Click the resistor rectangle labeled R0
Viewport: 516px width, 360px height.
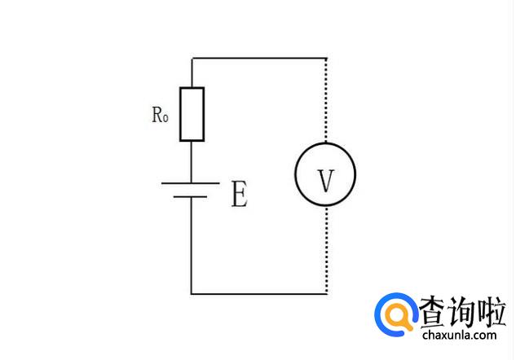192,113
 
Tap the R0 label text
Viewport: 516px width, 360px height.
159,115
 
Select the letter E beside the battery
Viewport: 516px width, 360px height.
239,195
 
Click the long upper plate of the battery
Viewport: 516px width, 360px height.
191,182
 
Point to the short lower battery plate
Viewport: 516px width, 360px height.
192,197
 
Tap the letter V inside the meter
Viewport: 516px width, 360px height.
325,181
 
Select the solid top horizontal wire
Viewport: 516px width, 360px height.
258,59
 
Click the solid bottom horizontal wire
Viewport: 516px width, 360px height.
258,293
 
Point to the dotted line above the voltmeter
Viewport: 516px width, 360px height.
326,102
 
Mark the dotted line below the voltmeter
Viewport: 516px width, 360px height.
326,248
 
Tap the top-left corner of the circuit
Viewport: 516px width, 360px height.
192,59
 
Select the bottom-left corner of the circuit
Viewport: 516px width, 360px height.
192,293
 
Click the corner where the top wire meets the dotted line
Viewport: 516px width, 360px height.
326,59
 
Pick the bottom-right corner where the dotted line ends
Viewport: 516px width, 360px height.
326,293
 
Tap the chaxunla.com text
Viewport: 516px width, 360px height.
459,335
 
